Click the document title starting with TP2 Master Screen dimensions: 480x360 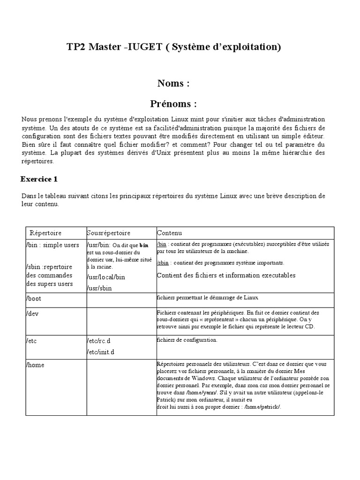click(x=174, y=47)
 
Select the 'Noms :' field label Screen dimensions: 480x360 click(x=173, y=83)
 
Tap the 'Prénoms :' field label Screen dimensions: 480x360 click(x=173, y=103)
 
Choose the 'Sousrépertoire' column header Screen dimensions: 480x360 click(x=109, y=233)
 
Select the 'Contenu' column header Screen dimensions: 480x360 click(x=169, y=233)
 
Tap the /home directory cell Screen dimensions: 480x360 click(x=37, y=365)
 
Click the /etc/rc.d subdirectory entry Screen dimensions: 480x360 click(x=100, y=341)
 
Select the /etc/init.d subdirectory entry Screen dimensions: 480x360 click(x=101, y=352)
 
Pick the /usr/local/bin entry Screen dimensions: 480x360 click(x=106, y=277)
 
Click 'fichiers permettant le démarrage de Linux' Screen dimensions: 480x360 click(x=207, y=298)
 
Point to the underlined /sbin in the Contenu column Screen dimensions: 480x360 click(x=163, y=263)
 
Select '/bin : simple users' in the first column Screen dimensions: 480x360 click(x=52, y=245)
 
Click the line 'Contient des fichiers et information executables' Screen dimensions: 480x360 click(x=226, y=275)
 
